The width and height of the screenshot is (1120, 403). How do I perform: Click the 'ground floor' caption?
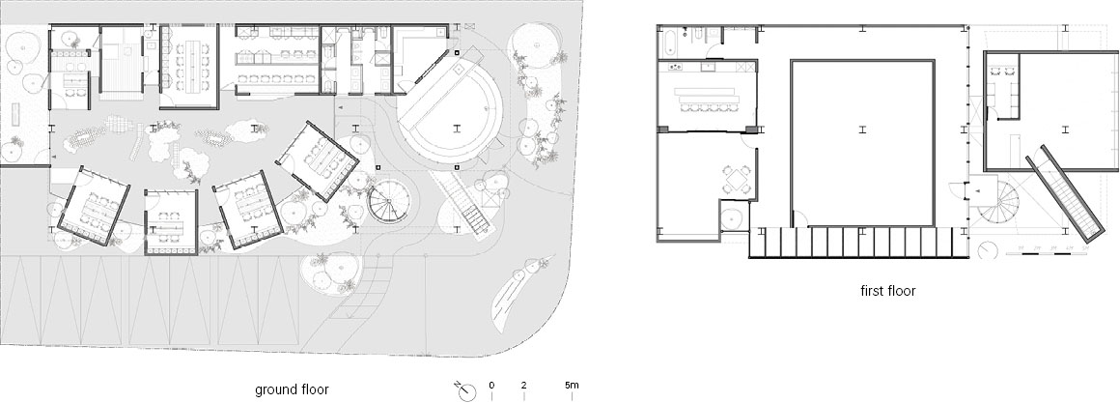[x=292, y=389]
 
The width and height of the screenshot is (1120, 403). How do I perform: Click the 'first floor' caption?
[x=888, y=291]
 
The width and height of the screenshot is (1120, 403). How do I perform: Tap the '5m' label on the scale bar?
[x=572, y=386]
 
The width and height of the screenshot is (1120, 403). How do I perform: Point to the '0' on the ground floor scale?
[x=491, y=386]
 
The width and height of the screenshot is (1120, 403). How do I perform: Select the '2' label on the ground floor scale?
[x=523, y=386]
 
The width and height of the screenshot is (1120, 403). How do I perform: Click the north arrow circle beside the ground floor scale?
[x=467, y=393]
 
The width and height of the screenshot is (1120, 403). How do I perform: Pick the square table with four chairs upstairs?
[x=737, y=179]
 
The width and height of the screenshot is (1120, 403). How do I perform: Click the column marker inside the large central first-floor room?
[x=863, y=130]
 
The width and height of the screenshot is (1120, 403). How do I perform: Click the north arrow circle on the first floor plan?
[x=987, y=250]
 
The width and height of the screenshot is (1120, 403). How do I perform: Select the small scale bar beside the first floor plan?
[x=1046, y=250]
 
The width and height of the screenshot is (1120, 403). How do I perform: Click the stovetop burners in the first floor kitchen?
[x=675, y=68]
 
